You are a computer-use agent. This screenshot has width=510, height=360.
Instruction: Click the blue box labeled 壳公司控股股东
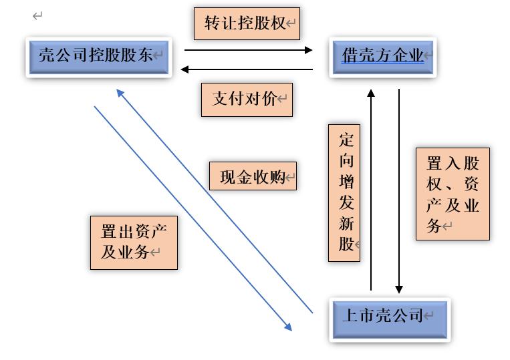click(99, 56)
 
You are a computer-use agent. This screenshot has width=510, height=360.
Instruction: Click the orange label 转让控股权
click(246, 24)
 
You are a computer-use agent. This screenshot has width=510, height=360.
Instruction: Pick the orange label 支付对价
click(247, 100)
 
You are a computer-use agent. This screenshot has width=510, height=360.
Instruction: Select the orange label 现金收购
click(252, 178)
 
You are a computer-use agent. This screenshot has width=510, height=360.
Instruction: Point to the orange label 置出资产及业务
click(134, 242)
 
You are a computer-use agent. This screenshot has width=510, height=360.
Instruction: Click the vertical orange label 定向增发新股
click(344, 192)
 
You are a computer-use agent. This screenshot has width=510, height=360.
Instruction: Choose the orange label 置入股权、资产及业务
click(453, 194)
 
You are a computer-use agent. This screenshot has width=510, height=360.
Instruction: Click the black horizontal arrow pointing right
click(247, 49)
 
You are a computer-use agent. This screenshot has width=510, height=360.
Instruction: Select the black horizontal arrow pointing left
click(247, 69)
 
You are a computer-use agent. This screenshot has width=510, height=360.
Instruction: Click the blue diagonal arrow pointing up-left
click(214, 200)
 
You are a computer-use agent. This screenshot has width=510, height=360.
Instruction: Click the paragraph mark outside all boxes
click(37, 16)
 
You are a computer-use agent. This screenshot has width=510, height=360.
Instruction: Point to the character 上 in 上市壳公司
click(350, 315)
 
